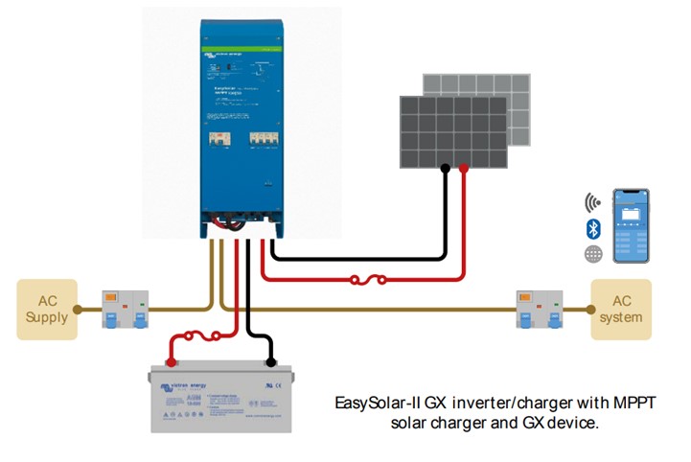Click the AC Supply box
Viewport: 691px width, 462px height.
point(47,310)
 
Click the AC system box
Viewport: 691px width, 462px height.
point(620,310)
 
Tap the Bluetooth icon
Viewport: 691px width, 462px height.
point(592,228)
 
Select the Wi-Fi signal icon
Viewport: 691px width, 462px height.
point(592,202)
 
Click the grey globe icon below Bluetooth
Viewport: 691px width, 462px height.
point(592,254)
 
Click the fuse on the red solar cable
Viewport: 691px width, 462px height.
point(368,281)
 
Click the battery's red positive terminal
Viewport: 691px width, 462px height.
point(171,362)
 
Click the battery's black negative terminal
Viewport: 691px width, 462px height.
point(271,362)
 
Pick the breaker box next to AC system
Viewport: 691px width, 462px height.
point(538,309)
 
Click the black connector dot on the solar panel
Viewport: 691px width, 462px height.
point(446,169)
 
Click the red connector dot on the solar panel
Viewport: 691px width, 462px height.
point(465,169)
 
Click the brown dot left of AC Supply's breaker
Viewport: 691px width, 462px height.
point(81,310)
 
